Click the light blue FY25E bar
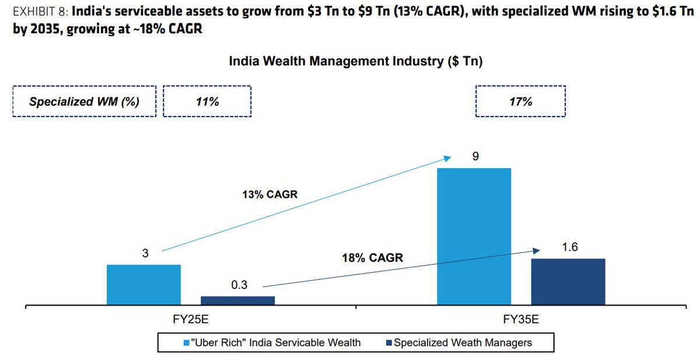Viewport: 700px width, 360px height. [x=143, y=285]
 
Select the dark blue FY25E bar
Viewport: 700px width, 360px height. [x=237, y=300]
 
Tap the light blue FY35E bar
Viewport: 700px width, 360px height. [x=474, y=236]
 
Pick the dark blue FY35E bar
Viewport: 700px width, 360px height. [x=568, y=282]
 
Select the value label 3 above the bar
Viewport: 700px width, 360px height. [x=145, y=253]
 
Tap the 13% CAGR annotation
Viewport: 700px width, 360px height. [x=269, y=194]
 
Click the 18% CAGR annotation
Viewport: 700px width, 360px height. [x=372, y=257]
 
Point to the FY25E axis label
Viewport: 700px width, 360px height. [x=191, y=320]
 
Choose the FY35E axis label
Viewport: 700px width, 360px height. [x=521, y=320]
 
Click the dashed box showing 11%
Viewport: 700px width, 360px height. [x=207, y=102]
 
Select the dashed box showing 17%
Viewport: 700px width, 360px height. [x=520, y=102]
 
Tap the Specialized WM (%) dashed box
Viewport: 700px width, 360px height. [x=84, y=102]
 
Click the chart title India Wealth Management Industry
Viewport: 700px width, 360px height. [x=355, y=61]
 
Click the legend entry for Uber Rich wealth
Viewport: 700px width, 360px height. [x=272, y=342]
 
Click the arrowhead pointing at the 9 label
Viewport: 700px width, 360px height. [x=447, y=157]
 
